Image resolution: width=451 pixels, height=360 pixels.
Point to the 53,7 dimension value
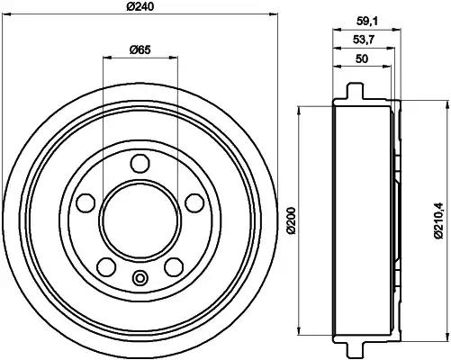tap(364, 40)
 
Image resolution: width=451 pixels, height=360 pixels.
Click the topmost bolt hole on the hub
tap(139, 165)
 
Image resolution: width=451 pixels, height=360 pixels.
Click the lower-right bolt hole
tap(170, 265)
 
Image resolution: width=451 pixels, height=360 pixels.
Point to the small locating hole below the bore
tap(139, 277)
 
